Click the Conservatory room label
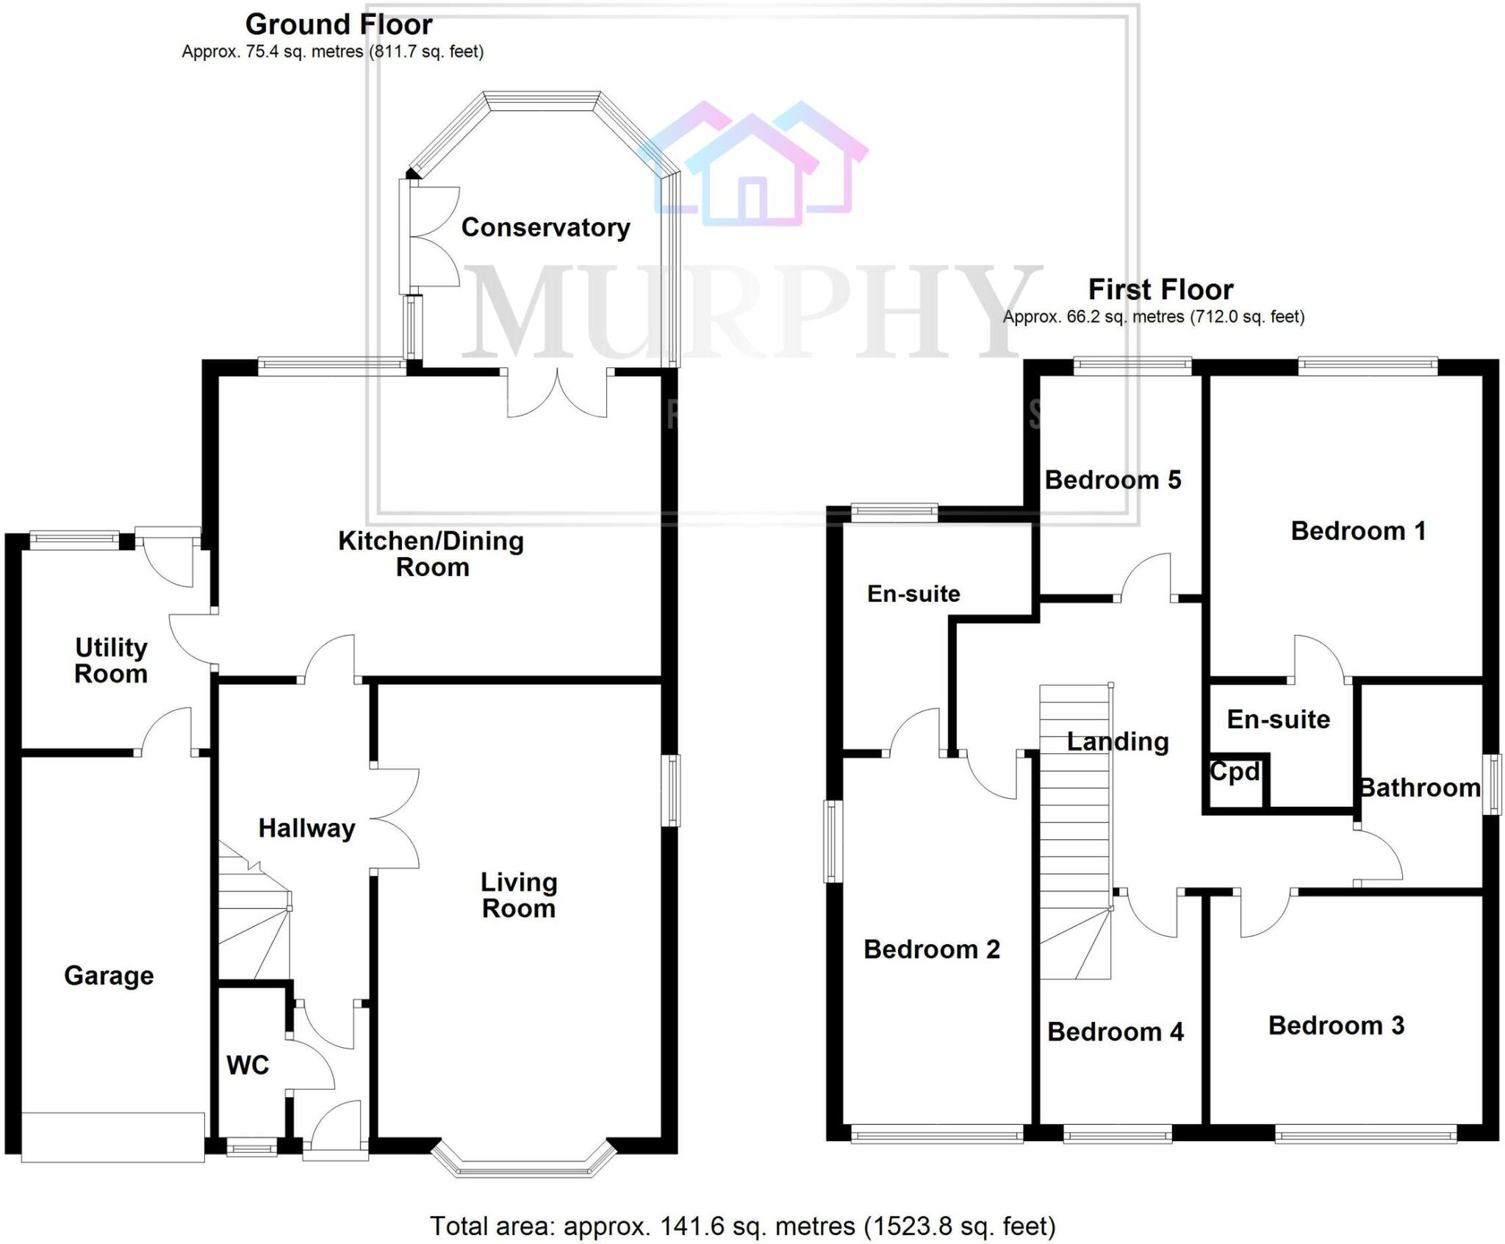click(x=545, y=228)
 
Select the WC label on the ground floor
click(x=248, y=1065)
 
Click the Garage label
click(x=109, y=976)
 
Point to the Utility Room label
click(x=111, y=661)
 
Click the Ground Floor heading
click(x=339, y=25)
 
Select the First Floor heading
click(x=1160, y=290)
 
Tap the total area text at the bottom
click(x=742, y=1226)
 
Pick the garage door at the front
click(x=112, y=1137)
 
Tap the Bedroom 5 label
click(x=1113, y=480)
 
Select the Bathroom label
click(x=1420, y=788)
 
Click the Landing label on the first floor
click(x=1118, y=742)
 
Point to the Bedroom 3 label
click(x=1336, y=1025)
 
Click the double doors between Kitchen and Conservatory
click(x=557, y=393)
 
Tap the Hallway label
click(x=306, y=829)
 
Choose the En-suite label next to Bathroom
click(x=1278, y=719)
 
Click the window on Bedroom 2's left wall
click(x=832, y=841)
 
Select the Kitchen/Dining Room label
click(x=431, y=554)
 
